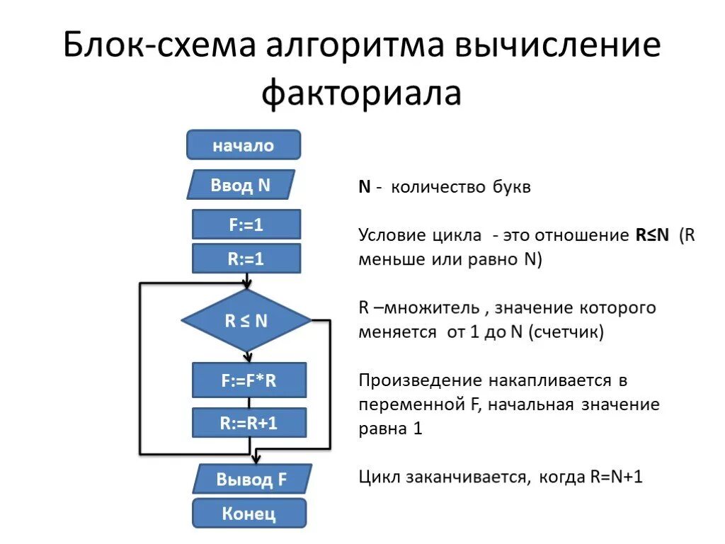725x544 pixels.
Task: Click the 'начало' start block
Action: [x=244, y=145]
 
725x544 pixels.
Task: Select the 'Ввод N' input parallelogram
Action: [x=241, y=186]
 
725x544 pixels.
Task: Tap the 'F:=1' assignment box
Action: [x=246, y=225]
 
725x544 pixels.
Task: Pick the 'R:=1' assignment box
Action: [x=246, y=259]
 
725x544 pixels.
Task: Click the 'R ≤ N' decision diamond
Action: [x=246, y=320]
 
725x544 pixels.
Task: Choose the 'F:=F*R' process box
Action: [x=249, y=380]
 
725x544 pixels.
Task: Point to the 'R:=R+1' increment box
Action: [x=249, y=423]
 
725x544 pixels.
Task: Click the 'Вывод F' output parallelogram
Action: [x=251, y=479]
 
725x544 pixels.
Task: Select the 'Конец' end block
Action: [x=249, y=513]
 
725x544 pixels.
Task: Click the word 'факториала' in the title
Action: [x=362, y=93]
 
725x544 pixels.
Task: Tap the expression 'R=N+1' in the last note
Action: [x=616, y=477]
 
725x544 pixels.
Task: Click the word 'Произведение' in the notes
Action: [x=414, y=380]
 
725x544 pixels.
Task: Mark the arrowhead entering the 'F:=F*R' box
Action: [x=247, y=358]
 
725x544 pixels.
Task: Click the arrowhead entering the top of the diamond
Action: [x=247, y=285]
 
